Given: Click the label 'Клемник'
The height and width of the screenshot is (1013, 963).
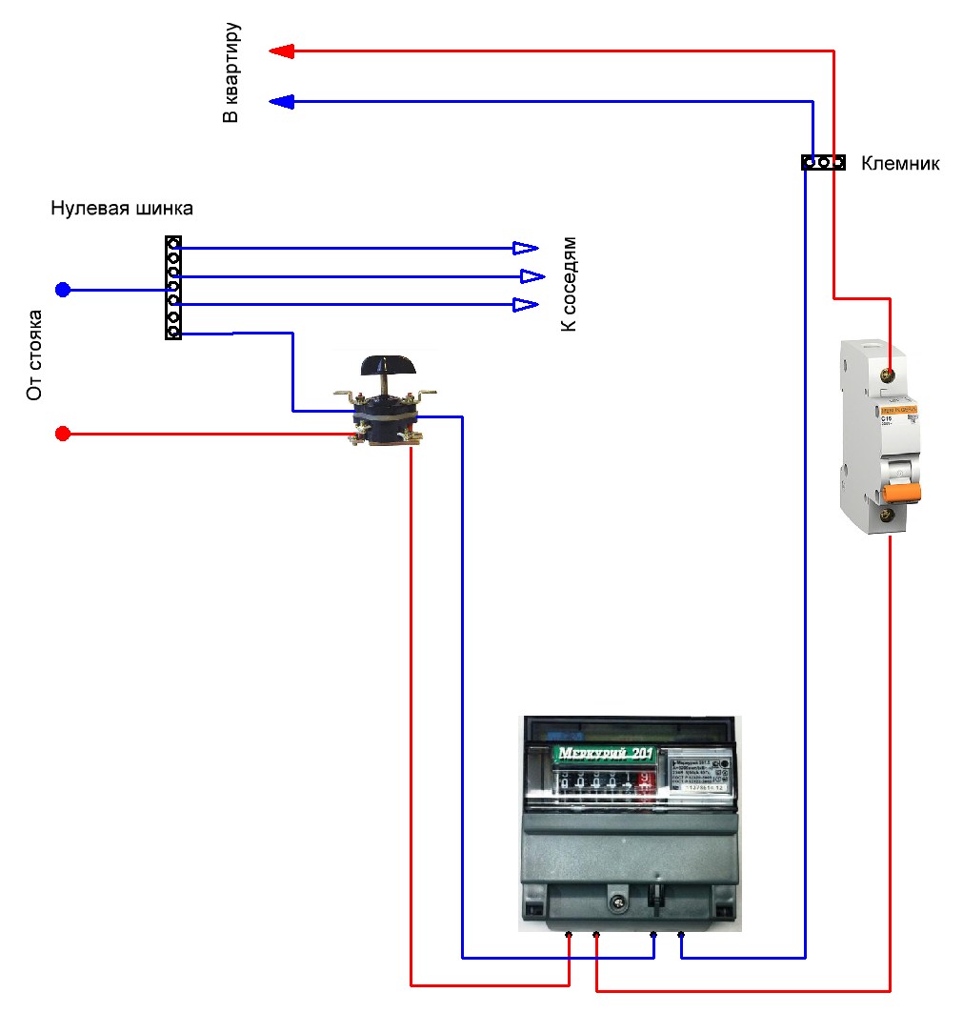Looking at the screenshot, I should (900, 164).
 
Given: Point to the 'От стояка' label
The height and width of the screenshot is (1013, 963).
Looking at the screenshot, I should (35, 355).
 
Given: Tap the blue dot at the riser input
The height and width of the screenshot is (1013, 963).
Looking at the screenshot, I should (63, 290).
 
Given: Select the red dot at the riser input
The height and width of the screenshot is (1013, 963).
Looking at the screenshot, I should (63, 435).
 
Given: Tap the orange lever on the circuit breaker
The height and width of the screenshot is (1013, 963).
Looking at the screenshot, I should (901, 492).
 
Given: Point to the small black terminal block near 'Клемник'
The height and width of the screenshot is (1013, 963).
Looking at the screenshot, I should (822, 163).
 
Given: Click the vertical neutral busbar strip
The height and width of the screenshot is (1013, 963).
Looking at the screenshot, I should (173, 288).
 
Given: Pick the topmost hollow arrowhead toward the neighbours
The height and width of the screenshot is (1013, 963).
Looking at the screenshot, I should (525, 248).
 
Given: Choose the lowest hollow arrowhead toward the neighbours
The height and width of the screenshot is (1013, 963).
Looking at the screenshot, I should (525, 305).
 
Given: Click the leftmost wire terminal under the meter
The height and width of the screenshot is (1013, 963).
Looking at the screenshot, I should (569, 935).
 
